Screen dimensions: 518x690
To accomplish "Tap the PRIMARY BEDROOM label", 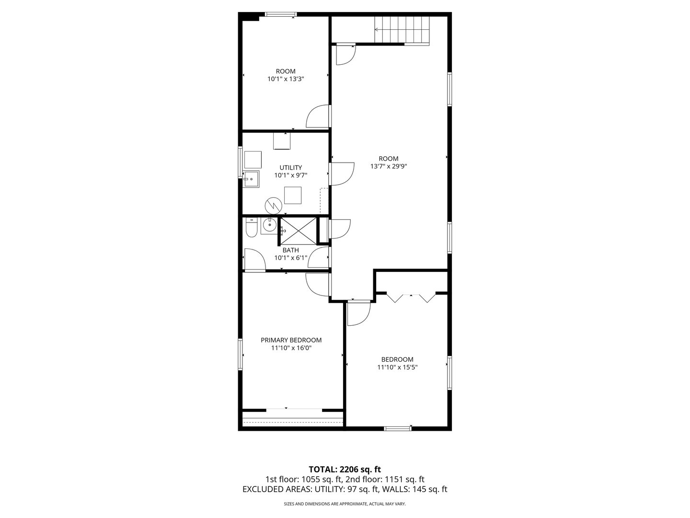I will coord(291,340).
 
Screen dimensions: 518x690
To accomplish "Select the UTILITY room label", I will coord(291,167).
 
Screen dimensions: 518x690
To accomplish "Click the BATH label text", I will coord(290,250).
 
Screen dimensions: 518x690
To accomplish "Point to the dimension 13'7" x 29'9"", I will coord(388,166).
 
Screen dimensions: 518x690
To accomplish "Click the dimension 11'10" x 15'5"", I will coord(397,367).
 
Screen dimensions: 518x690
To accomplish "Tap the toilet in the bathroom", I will coord(251,228).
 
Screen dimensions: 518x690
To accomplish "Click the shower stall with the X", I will coord(299,231).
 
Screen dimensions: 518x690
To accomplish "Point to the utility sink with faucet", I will coord(251,179).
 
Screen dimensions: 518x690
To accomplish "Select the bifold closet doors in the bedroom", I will coord(411,297).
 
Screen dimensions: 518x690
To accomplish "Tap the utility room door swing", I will coord(341,173).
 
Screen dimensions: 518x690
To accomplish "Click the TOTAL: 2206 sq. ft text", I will coord(345,469).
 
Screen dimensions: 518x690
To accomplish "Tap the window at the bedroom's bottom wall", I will coord(398,428).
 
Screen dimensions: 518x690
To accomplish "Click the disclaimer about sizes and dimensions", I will coord(345,504).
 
